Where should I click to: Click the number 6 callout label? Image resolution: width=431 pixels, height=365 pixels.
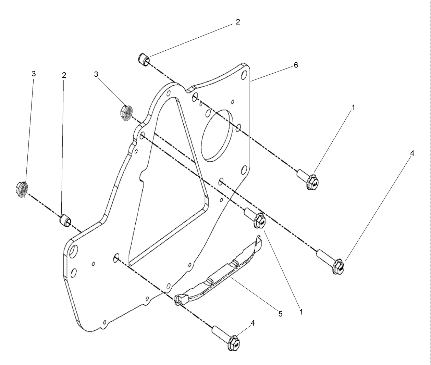(296, 65)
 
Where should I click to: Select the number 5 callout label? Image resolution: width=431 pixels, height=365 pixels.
(280, 314)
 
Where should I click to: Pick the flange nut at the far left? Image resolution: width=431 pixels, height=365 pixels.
(22, 189)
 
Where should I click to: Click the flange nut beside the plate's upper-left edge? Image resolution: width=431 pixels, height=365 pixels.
(127, 113)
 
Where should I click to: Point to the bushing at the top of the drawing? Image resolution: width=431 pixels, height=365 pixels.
(144, 60)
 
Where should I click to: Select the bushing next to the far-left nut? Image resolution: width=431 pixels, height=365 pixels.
(65, 220)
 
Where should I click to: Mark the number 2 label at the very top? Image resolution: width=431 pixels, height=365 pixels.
(238, 22)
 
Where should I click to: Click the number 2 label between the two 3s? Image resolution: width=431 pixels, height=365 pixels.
(64, 75)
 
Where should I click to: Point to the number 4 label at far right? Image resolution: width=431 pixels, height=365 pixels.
(412, 153)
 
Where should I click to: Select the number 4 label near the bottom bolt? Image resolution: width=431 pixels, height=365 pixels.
(253, 323)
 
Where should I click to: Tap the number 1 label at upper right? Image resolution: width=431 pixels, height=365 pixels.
(353, 107)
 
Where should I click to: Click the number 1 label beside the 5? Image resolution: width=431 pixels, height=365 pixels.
(301, 312)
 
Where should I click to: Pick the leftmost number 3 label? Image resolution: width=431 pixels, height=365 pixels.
(34, 74)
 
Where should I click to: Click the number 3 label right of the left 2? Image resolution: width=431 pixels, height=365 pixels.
(96, 74)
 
